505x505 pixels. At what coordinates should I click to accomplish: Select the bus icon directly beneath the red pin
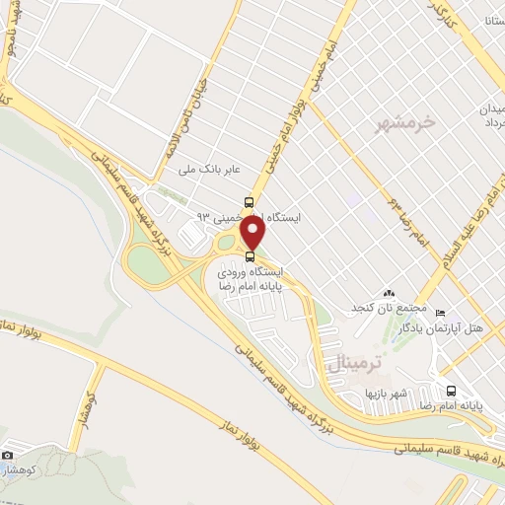tap(248, 259)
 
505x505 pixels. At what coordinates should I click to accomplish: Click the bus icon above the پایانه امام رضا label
tap(451, 390)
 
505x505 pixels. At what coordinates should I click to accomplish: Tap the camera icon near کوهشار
tap(8, 456)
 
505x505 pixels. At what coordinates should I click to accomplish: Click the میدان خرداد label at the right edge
tap(491, 114)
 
